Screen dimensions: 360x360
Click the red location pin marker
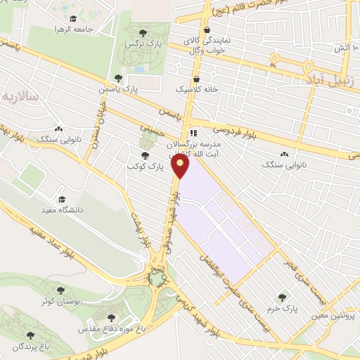pos(182,166)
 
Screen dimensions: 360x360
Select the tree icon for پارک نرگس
pos(143,32)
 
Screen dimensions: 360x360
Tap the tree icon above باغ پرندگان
pos(30,335)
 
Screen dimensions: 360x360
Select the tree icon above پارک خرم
pos(283,297)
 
